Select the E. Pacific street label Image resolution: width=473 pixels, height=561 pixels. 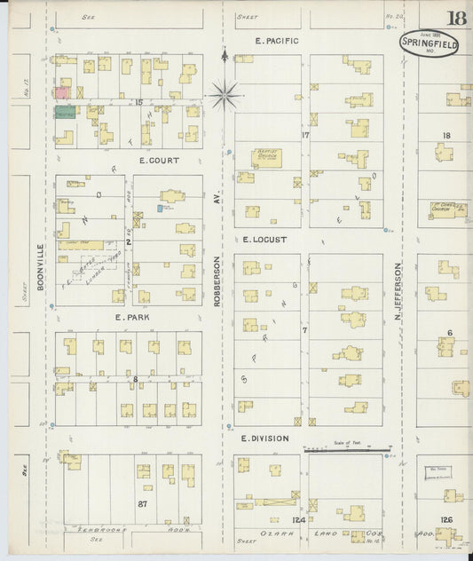coord(277,41)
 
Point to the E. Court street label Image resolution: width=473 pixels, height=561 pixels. coord(159,161)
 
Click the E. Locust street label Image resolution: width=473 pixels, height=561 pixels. coord(266,239)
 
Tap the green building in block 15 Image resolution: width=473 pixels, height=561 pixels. coord(65,113)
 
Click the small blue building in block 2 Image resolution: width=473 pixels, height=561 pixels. coord(161,208)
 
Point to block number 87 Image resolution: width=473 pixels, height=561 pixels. coord(141,503)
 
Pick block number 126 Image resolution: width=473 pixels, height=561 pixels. coord(447,519)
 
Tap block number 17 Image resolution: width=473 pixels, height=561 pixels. coord(304,136)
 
